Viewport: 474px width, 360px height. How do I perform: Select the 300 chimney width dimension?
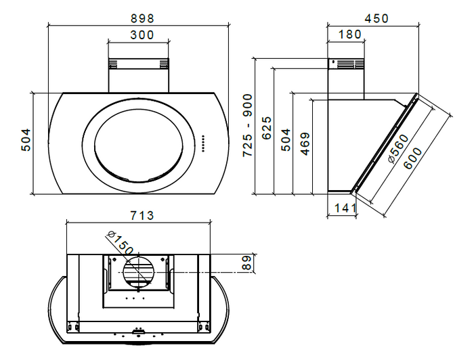click(x=142, y=35)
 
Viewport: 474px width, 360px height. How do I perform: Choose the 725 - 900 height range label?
click(x=249, y=126)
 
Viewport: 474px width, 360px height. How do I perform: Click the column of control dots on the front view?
click(x=202, y=143)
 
